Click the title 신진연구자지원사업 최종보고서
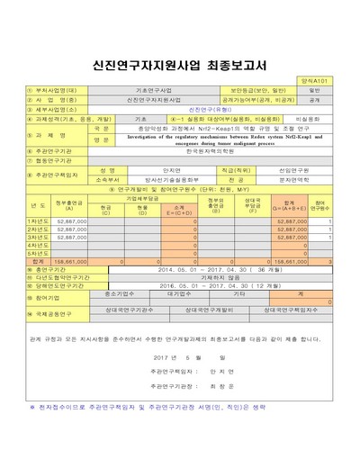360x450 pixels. coord(179,65)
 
